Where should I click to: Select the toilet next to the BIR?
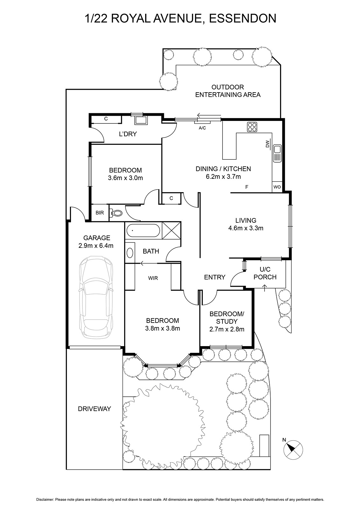click(x=116, y=213)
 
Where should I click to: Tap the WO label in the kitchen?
click(x=277, y=187)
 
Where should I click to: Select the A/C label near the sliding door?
click(x=202, y=128)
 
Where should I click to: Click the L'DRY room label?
click(x=128, y=134)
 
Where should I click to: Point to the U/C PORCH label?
click(x=265, y=273)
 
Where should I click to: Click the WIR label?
click(x=153, y=278)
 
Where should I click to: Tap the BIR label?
click(x=100, y=213)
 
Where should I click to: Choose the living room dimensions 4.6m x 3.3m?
click(x=246, y=228)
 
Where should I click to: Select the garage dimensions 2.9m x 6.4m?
click(x=96, y=246)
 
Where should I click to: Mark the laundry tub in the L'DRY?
click(x=141, y=120)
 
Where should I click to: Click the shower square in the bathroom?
click(x=172, y=230)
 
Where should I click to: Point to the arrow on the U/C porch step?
click(x=265, y=288)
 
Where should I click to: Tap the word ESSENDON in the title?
click(x=243, y=18)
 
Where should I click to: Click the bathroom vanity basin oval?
click(x=130, y=253)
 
